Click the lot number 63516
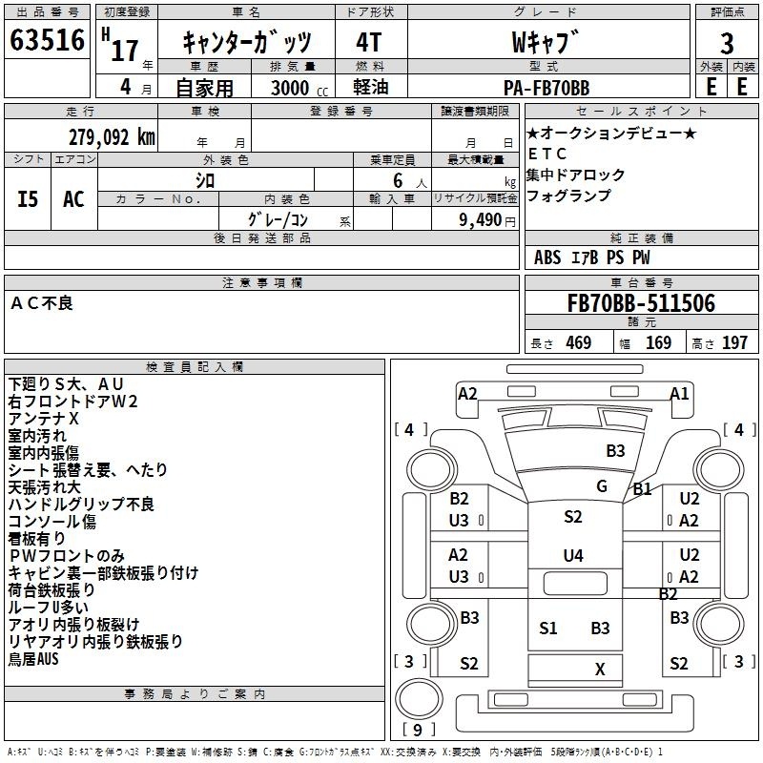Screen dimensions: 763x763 point(47,40)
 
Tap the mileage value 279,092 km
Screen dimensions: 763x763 point(112,137)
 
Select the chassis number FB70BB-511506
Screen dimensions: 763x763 point(641,303)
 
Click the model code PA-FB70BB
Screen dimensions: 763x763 point(546,88)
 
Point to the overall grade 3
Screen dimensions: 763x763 point(727,44)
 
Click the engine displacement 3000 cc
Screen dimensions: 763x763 point(299,88)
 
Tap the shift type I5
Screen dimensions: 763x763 point(28,199)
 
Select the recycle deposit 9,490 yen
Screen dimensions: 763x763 point(487,220)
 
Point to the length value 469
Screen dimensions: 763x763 point(579,342)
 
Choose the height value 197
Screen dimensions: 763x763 point(734,342)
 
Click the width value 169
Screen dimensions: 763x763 point(658,342)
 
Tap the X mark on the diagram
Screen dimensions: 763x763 point(600,670)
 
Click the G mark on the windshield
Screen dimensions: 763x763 point(602,486)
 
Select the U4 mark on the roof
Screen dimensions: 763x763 point(573,555)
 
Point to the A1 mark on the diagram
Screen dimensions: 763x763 point(679,393)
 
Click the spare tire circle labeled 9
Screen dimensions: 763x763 point(419,698)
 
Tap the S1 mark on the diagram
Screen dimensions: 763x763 point(547,629)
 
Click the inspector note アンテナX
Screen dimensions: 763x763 point(43,419)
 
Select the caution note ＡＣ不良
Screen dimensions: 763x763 point(42,303)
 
